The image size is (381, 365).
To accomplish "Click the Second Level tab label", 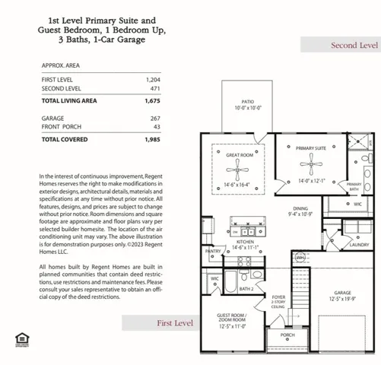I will click(x=354, y=46).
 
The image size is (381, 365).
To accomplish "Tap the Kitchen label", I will click(x=245, y=243).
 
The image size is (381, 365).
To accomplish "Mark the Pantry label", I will click(x=214, y=251).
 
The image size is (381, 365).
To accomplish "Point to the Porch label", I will click(x=287, y=335).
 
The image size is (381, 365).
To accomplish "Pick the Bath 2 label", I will click(x=246, y=289).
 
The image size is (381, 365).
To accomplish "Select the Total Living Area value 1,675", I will click(x=153, y=100).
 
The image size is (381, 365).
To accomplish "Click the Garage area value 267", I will click(x=154, y=118).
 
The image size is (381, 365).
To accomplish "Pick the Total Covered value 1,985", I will click(x=153, y=139).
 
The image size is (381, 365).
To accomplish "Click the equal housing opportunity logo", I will click(x=20, y=338).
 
